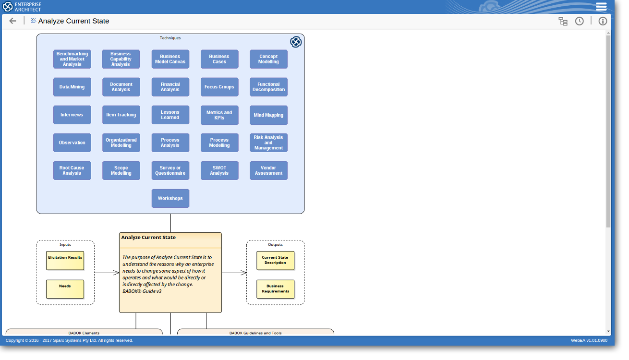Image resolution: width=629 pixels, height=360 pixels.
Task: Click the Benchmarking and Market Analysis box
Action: click(73, 60)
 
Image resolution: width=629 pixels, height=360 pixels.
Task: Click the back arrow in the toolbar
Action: click(12, 21)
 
